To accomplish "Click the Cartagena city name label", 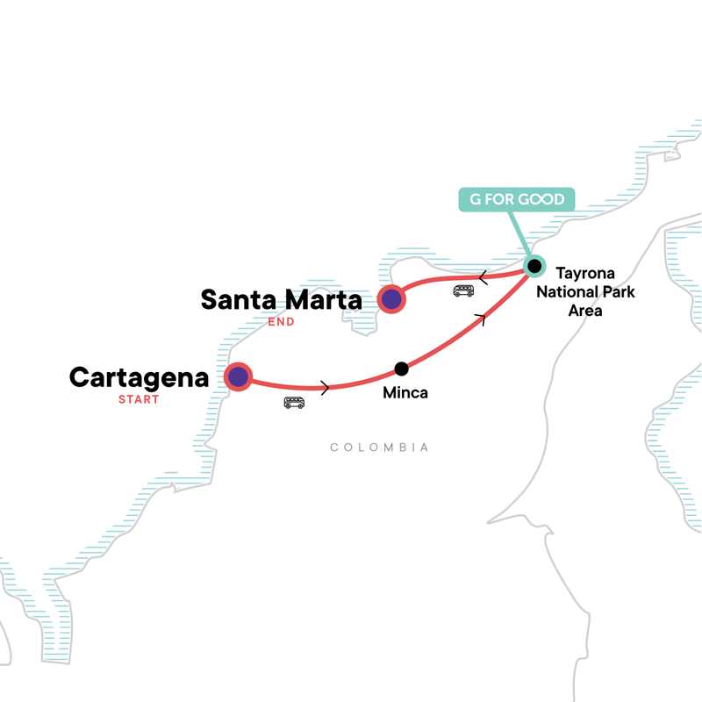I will point(139,378).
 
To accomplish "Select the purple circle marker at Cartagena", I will point(238,377).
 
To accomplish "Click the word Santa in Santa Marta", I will point(241,300).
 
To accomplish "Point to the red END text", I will point(281,322).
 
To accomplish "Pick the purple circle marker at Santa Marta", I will point(390,300).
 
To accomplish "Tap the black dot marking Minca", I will point(401,369).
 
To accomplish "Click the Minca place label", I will point(405,393).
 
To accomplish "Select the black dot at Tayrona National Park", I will point(534,265).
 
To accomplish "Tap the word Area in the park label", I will point(584,311).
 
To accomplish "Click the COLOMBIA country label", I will point(379,448).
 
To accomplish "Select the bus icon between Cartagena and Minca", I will point(294,403).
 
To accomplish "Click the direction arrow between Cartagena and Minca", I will point(326,387).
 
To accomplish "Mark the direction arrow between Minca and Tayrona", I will point(479,319).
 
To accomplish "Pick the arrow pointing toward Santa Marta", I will point(483,278).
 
